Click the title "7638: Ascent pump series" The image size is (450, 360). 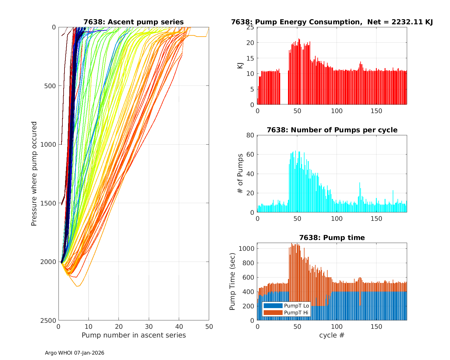133,22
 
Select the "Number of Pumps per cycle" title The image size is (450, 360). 332,130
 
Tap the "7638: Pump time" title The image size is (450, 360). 332,238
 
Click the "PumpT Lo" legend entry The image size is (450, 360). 296,306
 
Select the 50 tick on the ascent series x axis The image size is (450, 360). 209,326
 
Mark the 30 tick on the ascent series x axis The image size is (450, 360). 149,326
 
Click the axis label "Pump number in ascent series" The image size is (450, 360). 133,335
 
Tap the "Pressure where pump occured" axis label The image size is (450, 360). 34,174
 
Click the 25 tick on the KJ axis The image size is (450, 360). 250,27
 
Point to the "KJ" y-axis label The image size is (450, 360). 240,66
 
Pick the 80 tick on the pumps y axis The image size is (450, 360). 250,135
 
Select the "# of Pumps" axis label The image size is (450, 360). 240,173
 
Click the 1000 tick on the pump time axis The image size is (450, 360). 247,249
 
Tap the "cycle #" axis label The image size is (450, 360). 332,335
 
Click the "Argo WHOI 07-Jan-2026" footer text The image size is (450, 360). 75,353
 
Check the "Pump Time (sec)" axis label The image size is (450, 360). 232,281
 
